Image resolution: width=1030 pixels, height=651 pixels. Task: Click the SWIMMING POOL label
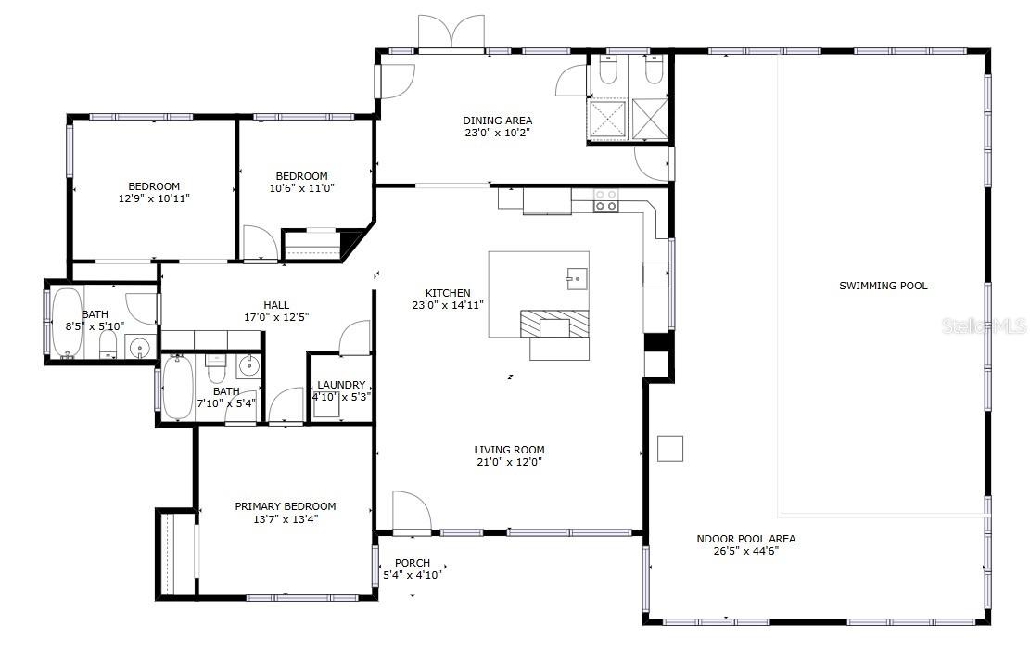coord(883,286)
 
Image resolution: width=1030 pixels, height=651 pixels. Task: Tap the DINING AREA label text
coord(498,121)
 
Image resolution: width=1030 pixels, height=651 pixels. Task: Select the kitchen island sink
coord(575,276)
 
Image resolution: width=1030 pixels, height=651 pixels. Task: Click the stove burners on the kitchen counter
coord(605,200)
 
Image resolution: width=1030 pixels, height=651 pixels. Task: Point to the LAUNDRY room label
coord(341,385)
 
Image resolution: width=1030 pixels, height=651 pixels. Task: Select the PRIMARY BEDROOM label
coord(285,506)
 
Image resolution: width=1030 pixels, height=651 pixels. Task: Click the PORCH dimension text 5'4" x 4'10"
coord(413,575)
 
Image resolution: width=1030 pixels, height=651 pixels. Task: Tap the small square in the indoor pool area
coord(670,448)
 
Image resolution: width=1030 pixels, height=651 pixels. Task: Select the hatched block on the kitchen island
coord(554,324)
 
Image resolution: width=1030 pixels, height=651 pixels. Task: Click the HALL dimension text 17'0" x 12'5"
coord(276,317)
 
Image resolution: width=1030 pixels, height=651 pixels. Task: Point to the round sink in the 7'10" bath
coord(248,366)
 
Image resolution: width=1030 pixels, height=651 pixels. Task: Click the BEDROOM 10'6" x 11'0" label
coord(301,176)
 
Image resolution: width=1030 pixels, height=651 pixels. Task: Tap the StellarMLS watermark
coord(985,326)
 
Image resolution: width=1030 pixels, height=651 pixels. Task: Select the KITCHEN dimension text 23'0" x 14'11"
coord(448,305)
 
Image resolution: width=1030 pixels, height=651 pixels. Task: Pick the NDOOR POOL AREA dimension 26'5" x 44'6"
coord(745,551)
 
